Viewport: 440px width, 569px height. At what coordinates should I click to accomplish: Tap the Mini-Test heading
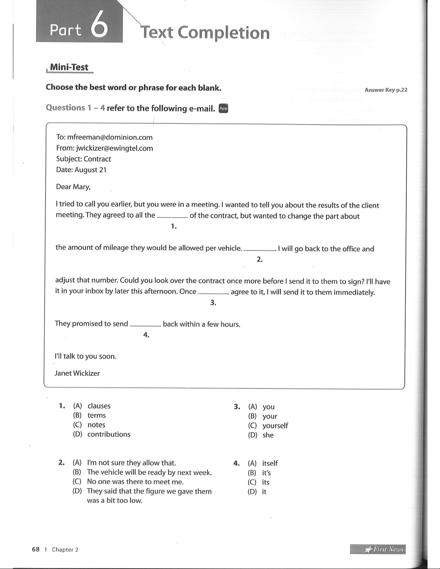tap(69, 67)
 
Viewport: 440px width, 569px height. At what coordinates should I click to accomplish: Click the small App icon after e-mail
tap(223, 108)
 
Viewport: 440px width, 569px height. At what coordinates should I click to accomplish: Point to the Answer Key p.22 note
tap(386, 90)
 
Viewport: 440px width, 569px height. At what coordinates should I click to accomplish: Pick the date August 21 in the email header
tap(91, 170)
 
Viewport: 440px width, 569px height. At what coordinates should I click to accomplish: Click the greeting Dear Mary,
tap(73, 187)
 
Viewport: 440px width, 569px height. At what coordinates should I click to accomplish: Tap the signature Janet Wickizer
tap(77, 373)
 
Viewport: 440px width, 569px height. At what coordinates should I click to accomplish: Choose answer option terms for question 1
tap(97, 415)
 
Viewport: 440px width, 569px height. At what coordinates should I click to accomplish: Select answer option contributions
tap(109, 434)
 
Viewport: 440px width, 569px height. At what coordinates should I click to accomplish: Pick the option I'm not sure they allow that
tap(131, 463)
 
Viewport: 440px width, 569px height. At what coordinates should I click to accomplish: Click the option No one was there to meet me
tap(135, 482)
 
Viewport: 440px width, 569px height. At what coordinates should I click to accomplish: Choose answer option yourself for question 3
tap(275, 426)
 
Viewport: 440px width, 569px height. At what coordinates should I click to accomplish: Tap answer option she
tap(268, 435)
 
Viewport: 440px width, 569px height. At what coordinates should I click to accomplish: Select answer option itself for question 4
tap(270, 463)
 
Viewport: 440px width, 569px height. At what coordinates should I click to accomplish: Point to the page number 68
tap(36, 549)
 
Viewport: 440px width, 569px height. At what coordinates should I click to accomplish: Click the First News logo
tap(378, 549)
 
